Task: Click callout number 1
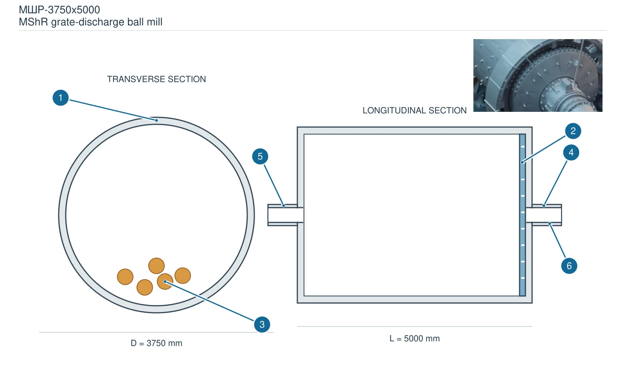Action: click(61, 98)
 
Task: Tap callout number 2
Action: click(573, 131)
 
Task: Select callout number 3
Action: click(262, 324)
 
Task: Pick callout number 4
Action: click(571, 152)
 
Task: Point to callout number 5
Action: click(260, 156)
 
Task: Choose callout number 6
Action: click(569, 265)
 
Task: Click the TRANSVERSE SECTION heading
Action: click(156, 79)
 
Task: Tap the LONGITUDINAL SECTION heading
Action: click(414, 111)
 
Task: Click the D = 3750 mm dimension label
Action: click(156, 343)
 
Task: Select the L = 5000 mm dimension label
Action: click(414, 339)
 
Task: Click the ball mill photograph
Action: click(538, 75)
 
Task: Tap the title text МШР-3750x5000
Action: click(59, 10)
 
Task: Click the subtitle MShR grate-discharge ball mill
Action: click(90, 22)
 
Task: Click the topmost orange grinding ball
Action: click(156, 265)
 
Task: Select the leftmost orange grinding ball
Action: click(125, 277)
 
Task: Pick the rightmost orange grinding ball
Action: click(183, 276)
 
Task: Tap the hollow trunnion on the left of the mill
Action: click(285, 215)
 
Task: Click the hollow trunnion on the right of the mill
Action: click(544, 215)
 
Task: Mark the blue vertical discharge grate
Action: click(522, 215)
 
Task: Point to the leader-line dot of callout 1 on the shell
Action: click(156, 120)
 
